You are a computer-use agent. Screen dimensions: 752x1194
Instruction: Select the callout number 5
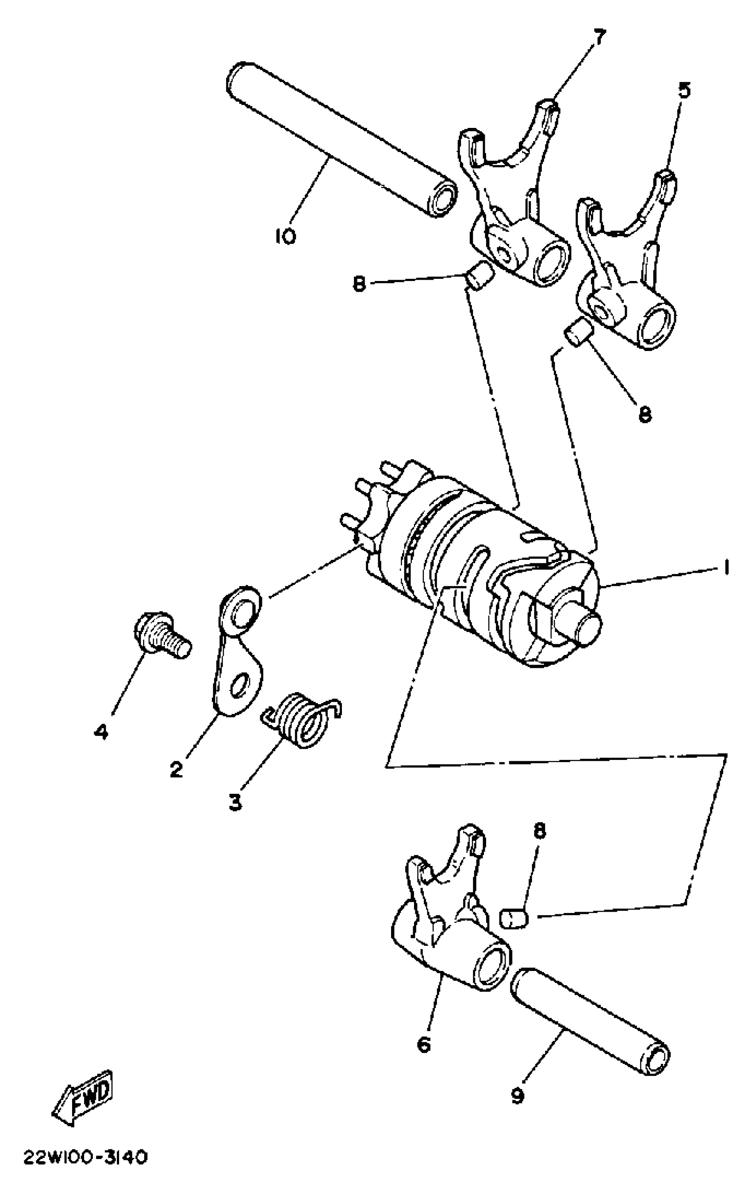click(683, 91)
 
